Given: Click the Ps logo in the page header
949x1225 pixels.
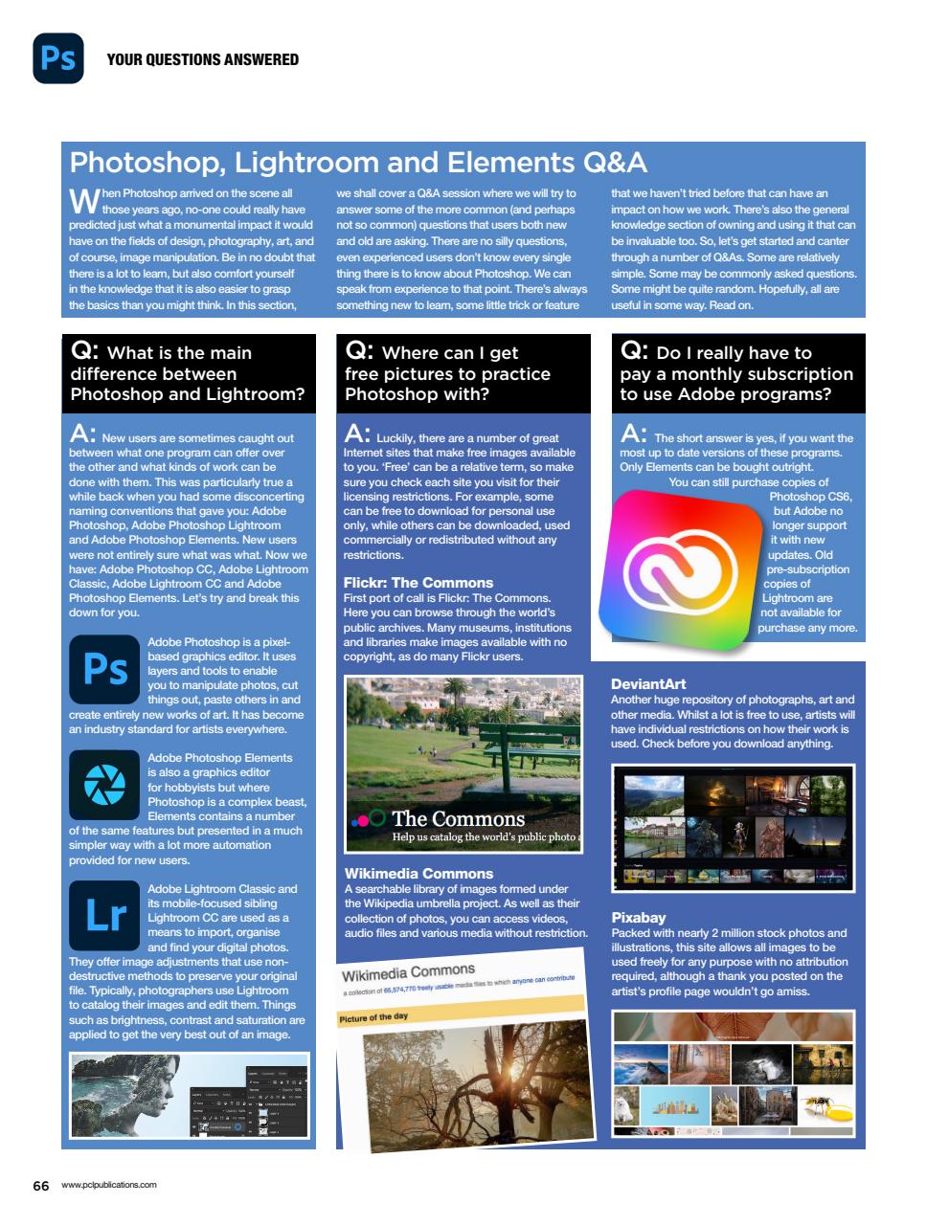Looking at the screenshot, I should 58,58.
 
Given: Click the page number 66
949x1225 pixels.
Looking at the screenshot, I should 40,1186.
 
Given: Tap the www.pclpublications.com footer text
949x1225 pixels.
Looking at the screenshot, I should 108,1185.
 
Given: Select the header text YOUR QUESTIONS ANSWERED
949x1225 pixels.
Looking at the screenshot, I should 202,59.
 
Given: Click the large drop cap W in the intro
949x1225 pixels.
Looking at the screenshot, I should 83,200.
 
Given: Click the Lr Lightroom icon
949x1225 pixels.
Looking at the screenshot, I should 104,915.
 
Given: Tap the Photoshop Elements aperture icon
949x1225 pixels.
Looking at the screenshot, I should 104,785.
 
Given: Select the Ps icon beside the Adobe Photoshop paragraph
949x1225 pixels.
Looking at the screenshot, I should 104,669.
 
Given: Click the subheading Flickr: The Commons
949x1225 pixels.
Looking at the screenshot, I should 418,582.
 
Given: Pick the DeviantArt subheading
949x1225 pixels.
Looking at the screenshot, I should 648,683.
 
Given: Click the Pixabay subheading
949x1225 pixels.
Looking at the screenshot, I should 638,917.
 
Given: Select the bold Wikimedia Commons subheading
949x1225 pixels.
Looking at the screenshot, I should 418,873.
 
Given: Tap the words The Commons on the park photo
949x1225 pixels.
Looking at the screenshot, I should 458,818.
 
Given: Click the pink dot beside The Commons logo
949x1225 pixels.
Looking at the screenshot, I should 363,820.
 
